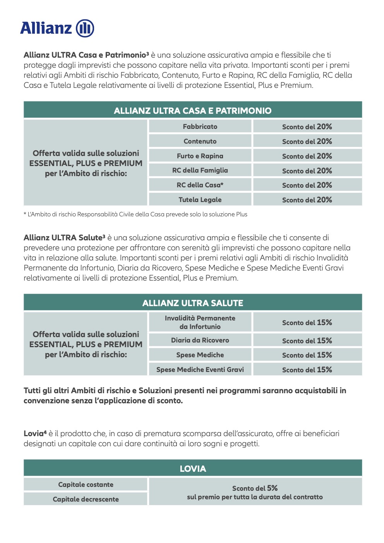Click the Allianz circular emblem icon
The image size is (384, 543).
85,28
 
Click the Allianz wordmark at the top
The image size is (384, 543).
46,28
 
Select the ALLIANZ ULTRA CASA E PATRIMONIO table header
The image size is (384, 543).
192,111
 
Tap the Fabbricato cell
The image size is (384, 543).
200,127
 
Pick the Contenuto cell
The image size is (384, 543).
200,141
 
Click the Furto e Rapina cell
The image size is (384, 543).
200,156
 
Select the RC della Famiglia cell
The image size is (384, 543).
200,170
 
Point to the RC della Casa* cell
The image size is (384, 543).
200,185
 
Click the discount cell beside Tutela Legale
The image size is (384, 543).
307,200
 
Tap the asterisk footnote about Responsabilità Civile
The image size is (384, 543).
135,214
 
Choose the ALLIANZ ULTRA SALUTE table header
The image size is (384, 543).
192,303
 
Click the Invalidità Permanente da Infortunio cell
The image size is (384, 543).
200,322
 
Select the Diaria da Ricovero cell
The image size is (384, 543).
200,340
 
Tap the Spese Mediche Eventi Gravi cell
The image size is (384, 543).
200,370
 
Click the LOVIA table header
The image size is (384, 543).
192,469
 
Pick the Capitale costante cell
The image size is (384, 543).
86,485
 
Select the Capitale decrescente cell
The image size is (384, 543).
86,499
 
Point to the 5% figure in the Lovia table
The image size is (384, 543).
273,488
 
